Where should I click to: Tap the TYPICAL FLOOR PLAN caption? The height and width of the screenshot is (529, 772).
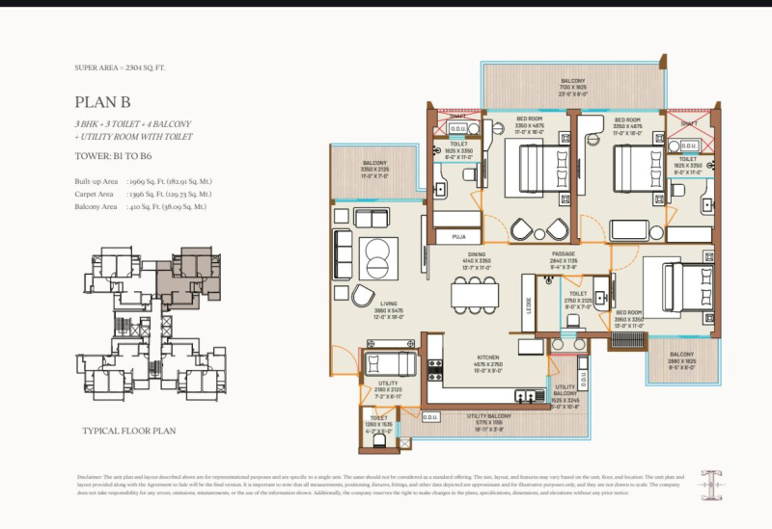(128, 432)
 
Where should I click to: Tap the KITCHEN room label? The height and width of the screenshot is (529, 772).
(486, 357)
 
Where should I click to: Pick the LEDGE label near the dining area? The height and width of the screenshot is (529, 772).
(528, 304)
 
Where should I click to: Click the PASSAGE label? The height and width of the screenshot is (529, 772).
(563, 254)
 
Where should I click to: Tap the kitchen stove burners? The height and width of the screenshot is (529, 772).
(435, 369)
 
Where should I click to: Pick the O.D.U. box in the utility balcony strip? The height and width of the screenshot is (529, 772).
(431, 417)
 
